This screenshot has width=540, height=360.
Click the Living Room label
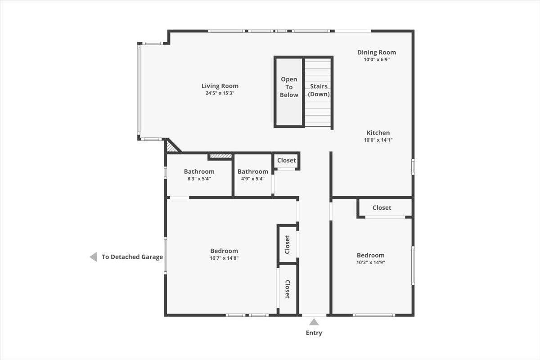(220, 86)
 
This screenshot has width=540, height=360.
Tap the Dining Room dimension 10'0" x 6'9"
(377, 59)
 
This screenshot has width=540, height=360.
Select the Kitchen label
(378, 133)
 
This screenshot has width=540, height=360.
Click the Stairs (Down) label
(319, 90)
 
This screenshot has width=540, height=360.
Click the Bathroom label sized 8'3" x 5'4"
(199, 171)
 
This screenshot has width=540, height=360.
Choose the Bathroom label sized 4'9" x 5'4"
(252, 171)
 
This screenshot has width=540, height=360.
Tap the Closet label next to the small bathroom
(286, 160)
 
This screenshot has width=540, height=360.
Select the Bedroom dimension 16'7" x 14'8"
(224, 258)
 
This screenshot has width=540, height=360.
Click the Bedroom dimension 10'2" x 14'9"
(371, 262)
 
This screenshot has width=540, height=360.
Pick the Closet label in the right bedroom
(382, 207)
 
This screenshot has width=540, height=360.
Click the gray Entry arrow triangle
(314, 322)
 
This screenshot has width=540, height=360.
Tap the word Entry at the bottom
(314, 333)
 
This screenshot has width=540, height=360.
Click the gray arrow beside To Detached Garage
(93, 257)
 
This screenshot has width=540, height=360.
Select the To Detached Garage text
(132, 257)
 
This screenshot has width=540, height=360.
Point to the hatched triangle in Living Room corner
(171, 146)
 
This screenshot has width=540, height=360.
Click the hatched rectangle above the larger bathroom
(220, 156)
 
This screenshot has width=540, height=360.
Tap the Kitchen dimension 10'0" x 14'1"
(378, 140)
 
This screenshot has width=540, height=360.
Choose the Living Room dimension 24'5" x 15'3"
(220, 93)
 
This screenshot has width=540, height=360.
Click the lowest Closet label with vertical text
(287, 289)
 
